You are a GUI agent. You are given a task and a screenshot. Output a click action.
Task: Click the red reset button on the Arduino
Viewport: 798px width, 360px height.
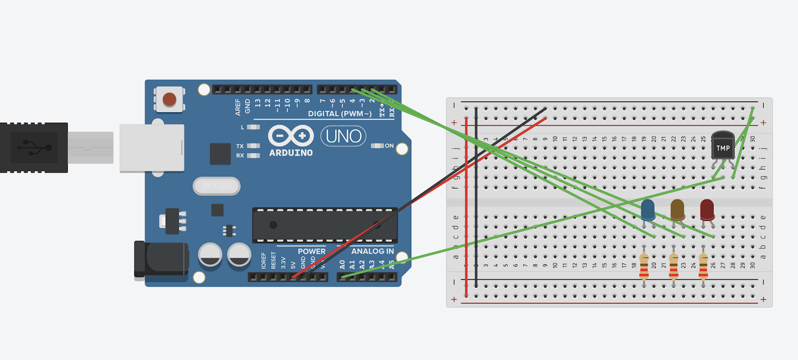(x=170, y=99)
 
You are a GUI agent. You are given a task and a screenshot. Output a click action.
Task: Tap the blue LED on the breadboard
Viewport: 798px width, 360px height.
(x=648, y=209)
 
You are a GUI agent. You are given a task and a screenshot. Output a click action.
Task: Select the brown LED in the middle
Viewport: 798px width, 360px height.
(x=677, y=209)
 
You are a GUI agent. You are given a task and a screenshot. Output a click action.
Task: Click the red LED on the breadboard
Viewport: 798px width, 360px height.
(x=707, y=209)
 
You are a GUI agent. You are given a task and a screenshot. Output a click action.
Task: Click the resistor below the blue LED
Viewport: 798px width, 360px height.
(x=644, y=266)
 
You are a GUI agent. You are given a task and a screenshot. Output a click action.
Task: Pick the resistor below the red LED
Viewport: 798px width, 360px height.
(x=703, y=266)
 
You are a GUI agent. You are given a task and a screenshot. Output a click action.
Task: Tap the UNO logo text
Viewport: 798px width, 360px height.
(x=344, y=136)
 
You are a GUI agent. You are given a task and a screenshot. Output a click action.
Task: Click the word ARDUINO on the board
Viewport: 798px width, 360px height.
(x=291, y=153)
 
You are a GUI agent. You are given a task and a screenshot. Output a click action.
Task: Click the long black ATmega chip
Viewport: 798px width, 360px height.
(x=325, y=225)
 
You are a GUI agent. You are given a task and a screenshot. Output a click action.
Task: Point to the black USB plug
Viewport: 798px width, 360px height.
(x=34, y=148)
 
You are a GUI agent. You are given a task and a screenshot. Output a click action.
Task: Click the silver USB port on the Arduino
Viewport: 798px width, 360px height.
(x=152, y=148)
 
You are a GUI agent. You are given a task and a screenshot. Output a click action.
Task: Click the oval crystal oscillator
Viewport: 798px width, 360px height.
(x=216, y=186)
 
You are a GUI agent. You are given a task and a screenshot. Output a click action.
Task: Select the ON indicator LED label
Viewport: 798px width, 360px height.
(x=389, y=146)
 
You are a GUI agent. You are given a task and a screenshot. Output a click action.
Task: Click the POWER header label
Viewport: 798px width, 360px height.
(x=311, y=251)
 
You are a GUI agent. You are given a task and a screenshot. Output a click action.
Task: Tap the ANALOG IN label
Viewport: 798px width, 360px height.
(x=372, y=251)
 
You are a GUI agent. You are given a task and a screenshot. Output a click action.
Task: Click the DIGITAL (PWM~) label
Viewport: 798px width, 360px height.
(x=340, y=114)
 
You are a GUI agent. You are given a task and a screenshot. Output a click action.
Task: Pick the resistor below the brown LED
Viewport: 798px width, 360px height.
(x=674, y=266)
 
